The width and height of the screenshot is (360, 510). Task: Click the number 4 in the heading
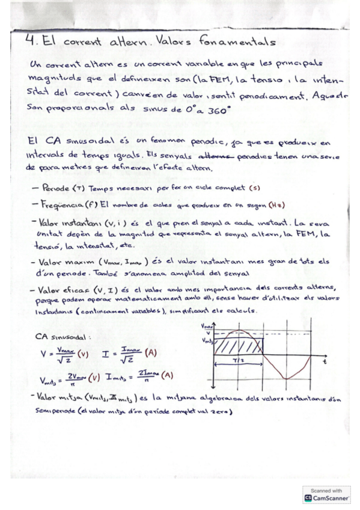tap(32, 41)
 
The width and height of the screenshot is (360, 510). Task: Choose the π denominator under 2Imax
tap(145, 381)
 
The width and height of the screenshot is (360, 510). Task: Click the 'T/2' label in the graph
tap(240, 360)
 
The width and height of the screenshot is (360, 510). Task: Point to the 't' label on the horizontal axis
tap(324, 364)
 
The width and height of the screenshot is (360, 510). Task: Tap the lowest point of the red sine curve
tap(287, 379)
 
